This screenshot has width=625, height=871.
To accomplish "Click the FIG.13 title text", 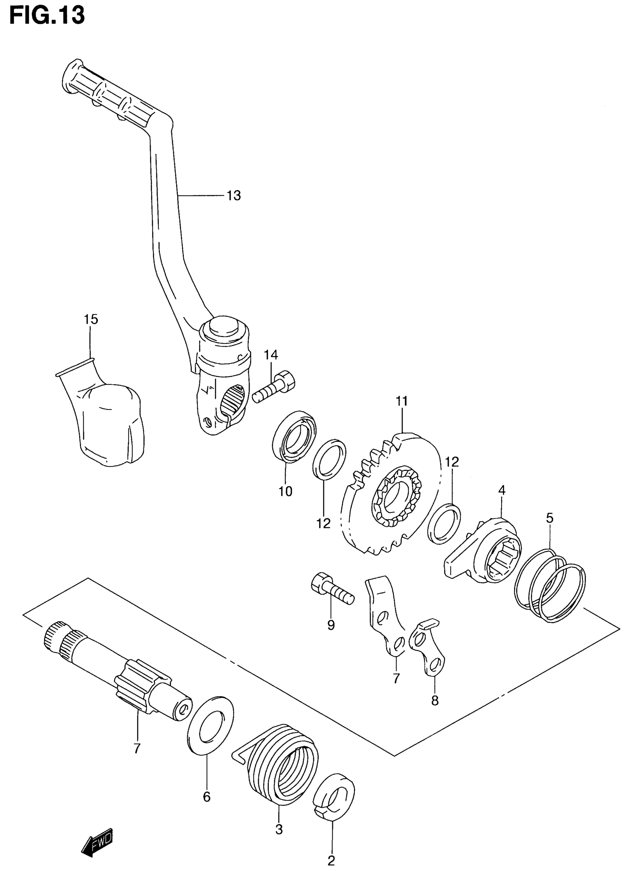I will [x=46, y=16].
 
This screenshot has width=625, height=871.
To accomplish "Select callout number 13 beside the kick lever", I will [x=233, y=196].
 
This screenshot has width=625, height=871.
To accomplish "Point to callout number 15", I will [x=91, y=319].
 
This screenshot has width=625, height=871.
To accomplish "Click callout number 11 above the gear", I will [x=401, y=401].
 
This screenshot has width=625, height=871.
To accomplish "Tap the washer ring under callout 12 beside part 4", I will [x=444, y=524].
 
